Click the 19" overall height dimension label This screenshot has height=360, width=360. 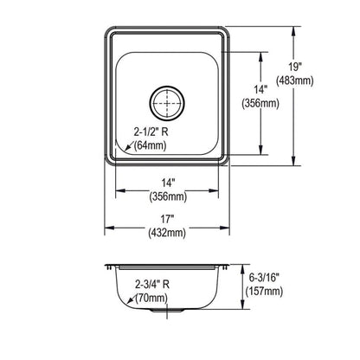[295, 67]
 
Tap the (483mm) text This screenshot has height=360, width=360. [294, 80]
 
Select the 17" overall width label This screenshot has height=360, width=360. [166, 219]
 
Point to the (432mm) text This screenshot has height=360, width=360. [167, 233]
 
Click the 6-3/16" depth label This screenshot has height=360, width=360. [264, 278]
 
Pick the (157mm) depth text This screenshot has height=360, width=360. [264, 291]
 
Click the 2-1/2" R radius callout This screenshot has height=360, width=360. [151, 132]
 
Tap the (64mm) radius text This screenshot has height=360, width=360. [150, 145]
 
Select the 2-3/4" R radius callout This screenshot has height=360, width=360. [152, 285]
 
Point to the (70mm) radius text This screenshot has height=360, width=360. [152, 298]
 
